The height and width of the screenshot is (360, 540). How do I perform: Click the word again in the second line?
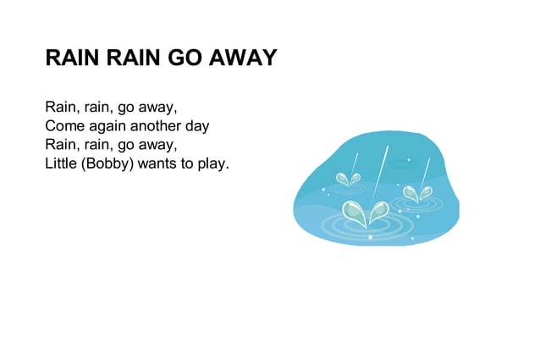[x=107, y=126]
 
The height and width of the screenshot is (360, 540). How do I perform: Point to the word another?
[x=158, y=126]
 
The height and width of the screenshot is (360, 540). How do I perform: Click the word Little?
[x=60, y=163]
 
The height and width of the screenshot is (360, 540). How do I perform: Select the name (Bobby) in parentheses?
[x=107, y=163]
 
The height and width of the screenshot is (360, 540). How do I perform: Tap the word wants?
[x=157, y=163]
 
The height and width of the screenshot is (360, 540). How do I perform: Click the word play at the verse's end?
[x=212, y=163]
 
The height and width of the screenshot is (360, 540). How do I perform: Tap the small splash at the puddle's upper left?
[x=347, y=180]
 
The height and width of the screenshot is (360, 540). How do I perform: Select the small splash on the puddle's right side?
[x=416, y=194]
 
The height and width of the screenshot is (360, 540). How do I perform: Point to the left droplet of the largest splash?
[x=354, y=212]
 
